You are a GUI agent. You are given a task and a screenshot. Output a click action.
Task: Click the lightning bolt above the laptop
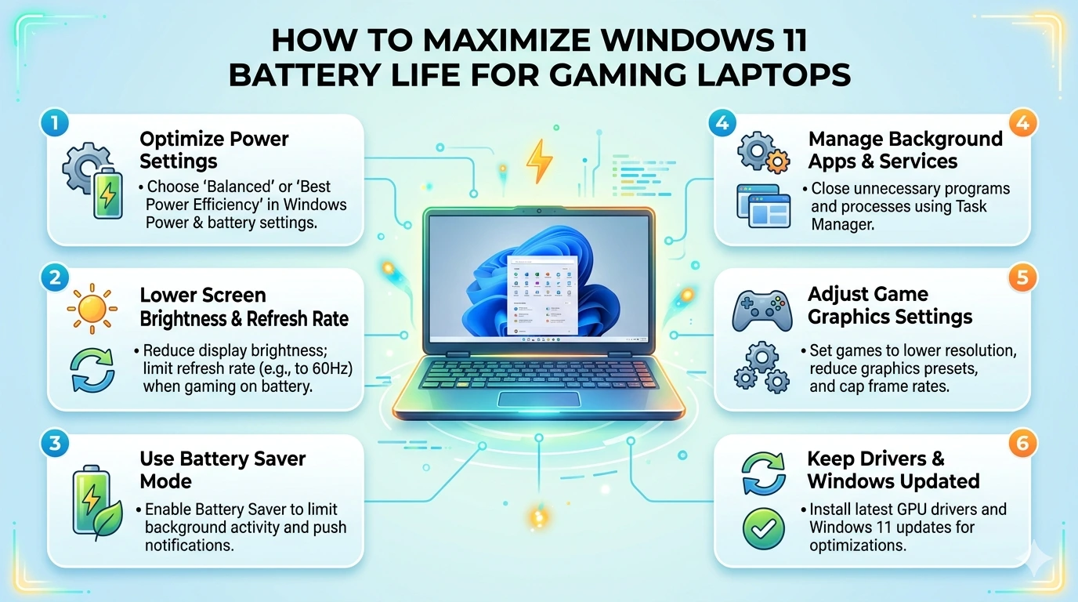[x=539, y=161]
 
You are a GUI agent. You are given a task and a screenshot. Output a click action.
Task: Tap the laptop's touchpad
[x=538, y=399]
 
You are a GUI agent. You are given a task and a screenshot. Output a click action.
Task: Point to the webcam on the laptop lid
[x=539, y=212]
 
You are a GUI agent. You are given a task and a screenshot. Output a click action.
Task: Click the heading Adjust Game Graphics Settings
[x=890, y=306]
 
